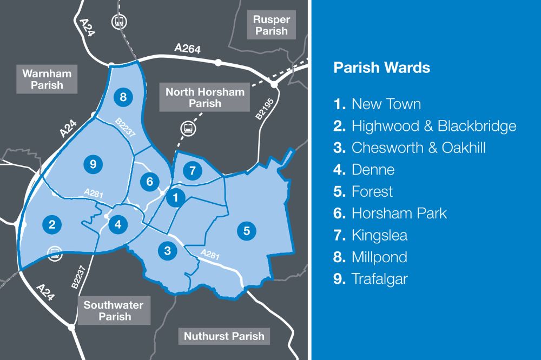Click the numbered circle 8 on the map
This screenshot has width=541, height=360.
(123, 97)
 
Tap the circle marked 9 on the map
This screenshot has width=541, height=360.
(93, 164)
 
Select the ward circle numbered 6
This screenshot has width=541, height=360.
(150, 182)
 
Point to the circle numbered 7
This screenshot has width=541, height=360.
(192, 171)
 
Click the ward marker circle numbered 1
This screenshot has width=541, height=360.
(175, 198)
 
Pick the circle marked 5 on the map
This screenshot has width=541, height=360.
(246, 231)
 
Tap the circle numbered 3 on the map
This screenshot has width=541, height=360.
(168, 250)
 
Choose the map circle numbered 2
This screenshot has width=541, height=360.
(52, 224)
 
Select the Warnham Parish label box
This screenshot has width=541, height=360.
(47, 79)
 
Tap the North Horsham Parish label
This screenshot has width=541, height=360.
(205, 97)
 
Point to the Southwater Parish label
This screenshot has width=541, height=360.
(114, 311)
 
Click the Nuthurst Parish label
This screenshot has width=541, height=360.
(224, 336)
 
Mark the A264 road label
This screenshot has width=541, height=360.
(187, 49)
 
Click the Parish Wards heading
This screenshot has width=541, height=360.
(381, 68)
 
